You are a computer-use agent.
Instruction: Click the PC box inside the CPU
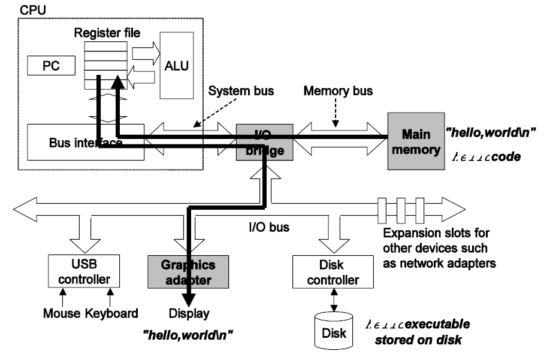[50, 65]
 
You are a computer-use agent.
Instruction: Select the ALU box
[177, 65]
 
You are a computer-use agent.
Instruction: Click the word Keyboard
[112, 313]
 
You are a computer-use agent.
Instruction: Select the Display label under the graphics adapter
[189, 313]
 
